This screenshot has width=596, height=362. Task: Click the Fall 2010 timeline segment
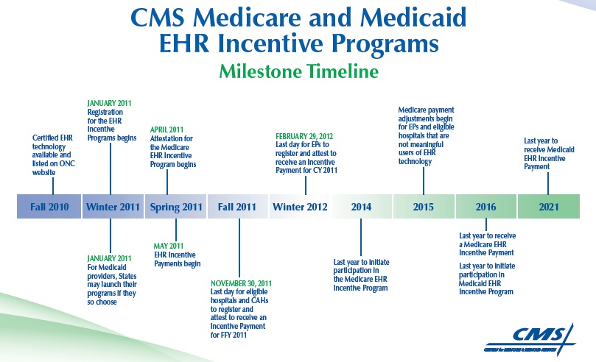coord(49,207)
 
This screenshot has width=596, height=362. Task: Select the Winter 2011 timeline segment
coord(112,207)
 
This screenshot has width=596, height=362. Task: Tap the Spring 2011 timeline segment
coord(175,207)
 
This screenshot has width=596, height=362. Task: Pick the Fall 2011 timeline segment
coord(237,207)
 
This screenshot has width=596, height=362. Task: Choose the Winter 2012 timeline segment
coord(300,207)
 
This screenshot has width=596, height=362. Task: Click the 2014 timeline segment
coord(362,207)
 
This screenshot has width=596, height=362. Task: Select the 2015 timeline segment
coord(424,207)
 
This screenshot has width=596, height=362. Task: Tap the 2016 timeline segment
coord(485,207)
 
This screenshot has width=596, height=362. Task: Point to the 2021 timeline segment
coord(549,207)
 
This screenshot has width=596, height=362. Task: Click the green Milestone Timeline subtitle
coord(298,71)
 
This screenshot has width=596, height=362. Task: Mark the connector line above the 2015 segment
coord(424,181)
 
